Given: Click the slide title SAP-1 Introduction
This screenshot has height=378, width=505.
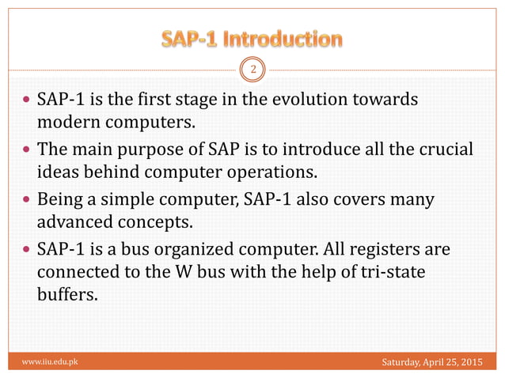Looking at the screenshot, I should (x=252, y=38).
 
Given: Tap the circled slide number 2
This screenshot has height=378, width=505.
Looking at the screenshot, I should (x=252, y=70).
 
